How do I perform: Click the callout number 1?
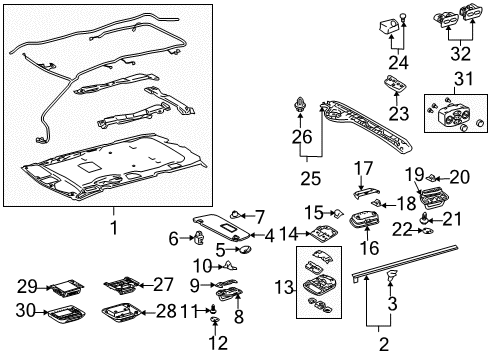click(112, 228)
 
